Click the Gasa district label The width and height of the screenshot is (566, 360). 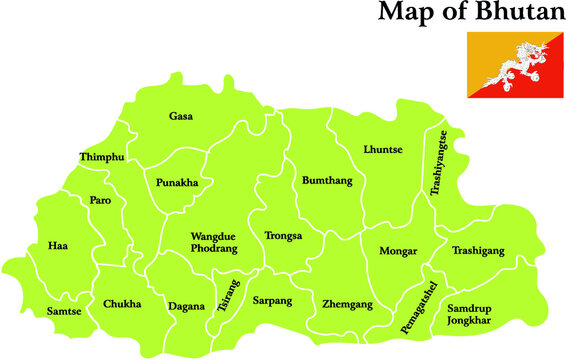(181, 116)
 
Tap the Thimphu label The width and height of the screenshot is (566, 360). (102, 157)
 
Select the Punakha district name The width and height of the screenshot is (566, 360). (177, 183)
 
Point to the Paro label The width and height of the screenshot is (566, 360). (101, 200)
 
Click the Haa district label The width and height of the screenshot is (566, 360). (58, 245)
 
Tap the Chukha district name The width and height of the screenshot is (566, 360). (122, 304)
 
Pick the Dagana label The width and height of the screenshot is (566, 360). (187, 306)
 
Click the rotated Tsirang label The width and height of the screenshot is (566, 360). (228, 297)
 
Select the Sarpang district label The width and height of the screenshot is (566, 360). (271, 300)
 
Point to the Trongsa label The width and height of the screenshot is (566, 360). (283, 237)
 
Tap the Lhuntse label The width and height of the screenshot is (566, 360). (383, 149)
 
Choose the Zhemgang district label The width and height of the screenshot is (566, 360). (347, 304)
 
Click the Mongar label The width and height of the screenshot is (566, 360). (398, 251)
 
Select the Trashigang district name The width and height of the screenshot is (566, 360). (478, 251)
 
